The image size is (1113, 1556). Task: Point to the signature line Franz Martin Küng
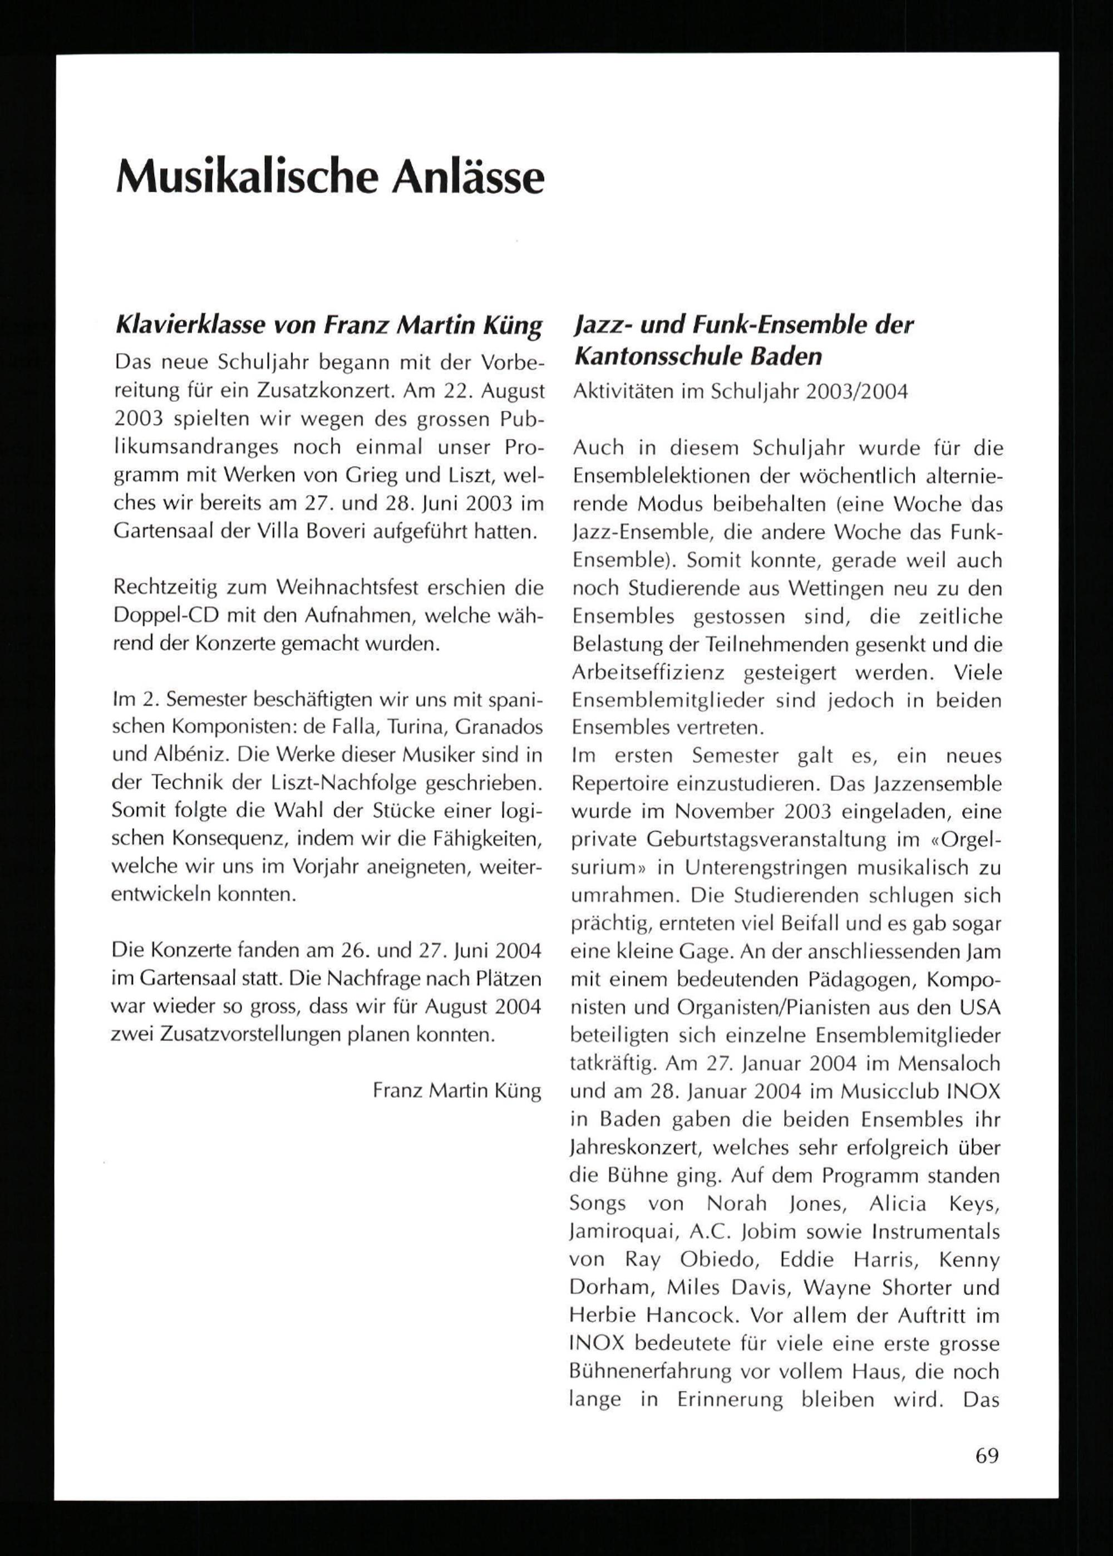click(x=456, y=1091)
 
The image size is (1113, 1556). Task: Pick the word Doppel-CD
click(x=165, y=616)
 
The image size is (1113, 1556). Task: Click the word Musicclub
click(x=859, y=1091)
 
